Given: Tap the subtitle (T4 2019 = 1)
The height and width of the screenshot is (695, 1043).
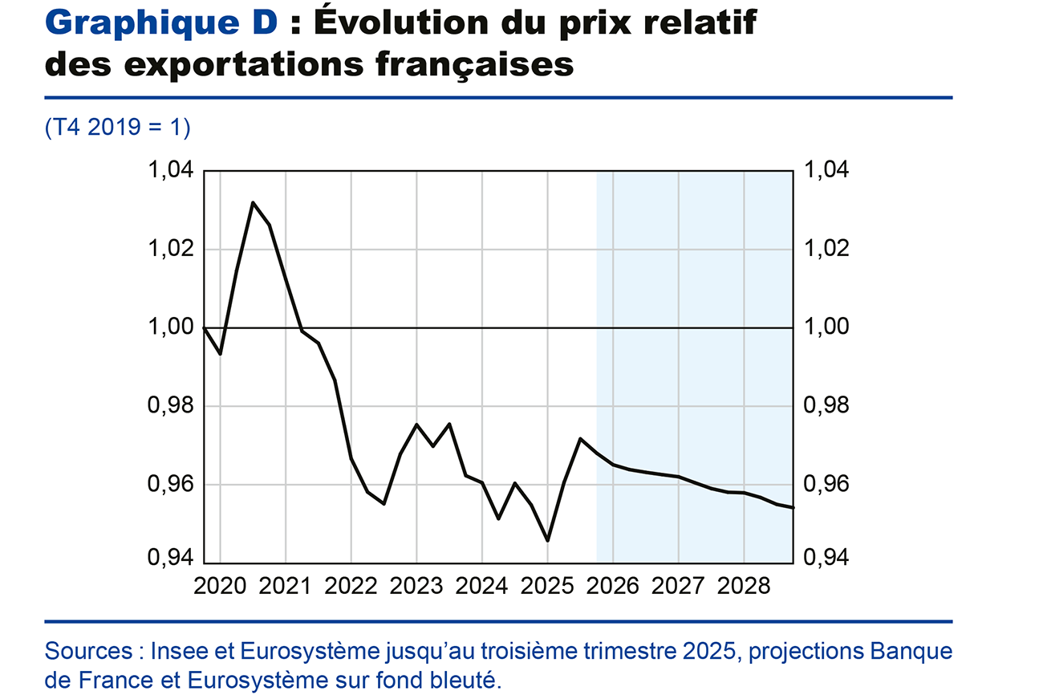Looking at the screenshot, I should point(118,128).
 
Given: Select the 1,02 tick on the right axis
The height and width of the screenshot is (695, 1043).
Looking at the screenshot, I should point(826,250).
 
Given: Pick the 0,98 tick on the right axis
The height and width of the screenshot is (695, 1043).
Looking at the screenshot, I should point(826,406).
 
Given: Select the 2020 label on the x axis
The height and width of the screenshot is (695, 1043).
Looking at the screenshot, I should point(220,586).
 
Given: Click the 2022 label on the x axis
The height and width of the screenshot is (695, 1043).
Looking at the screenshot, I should point(351,586).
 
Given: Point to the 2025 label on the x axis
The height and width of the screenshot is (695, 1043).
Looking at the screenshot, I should point(547,586).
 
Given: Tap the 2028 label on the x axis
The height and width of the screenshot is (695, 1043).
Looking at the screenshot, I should point(744,586).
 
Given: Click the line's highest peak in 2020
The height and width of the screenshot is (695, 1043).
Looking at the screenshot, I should point(253,202).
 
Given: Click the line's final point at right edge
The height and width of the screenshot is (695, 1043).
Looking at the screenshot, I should point(793,507).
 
